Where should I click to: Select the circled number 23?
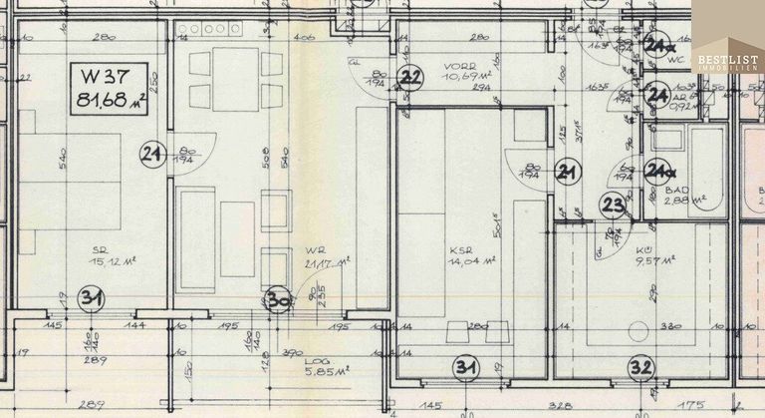point(613,206)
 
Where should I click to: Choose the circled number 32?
point(640,367)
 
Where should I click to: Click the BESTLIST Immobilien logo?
point(727,63)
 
